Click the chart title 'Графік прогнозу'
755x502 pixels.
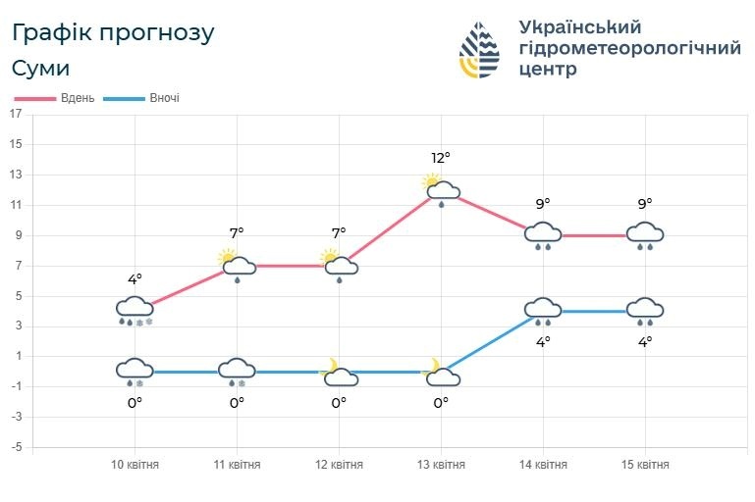pyautogui.click(x=113, y=32)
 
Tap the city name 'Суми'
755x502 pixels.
pyautogui.click(x=41, y=69)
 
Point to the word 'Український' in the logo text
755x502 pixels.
pyautogui.click(x=579, y=26)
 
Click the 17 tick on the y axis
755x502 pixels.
pyautogui.click(x=15, y=114)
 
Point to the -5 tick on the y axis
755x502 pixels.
pyautogui.click(x=15, y=447)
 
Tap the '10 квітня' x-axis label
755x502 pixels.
pyautogui.click(x=135, y=465)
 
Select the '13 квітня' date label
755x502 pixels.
pyautogui.click(x=441, y=465)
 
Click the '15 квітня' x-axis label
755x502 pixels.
pyautogui.click(x=645, y=465)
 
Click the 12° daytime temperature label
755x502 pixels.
pyautogui.click(x=441, y=157)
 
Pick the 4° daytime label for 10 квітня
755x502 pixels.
pyautogui.click(x=135, y=279)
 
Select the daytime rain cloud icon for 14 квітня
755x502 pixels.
pyautogui.click(x=543, y=234)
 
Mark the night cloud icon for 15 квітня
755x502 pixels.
pyautogui.click(x=645, y=310)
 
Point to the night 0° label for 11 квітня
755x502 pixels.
pyautogui.click(x=237, y=402)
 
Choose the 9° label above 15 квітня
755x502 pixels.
pyautogui.click(x=645, y=204)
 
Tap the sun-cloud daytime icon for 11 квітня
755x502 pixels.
pyautogui.click(x=237, y=264)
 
